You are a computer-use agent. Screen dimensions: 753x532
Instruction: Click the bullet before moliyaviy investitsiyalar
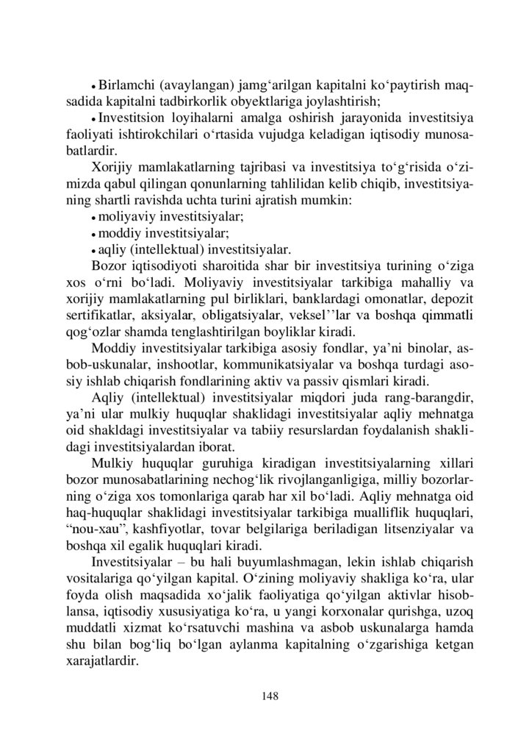[x=94, y=218]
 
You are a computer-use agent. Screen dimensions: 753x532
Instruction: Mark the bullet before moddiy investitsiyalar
[x=94, y=234]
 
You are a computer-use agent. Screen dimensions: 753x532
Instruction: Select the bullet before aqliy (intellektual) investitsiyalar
[x=94, y=250]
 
